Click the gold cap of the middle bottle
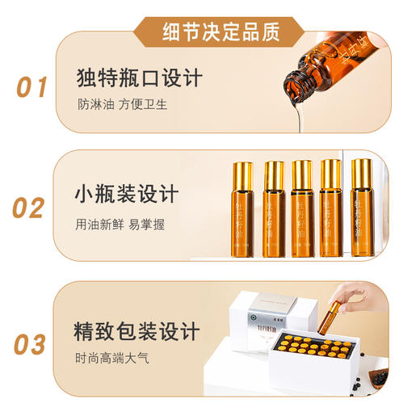click(302, 172)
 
